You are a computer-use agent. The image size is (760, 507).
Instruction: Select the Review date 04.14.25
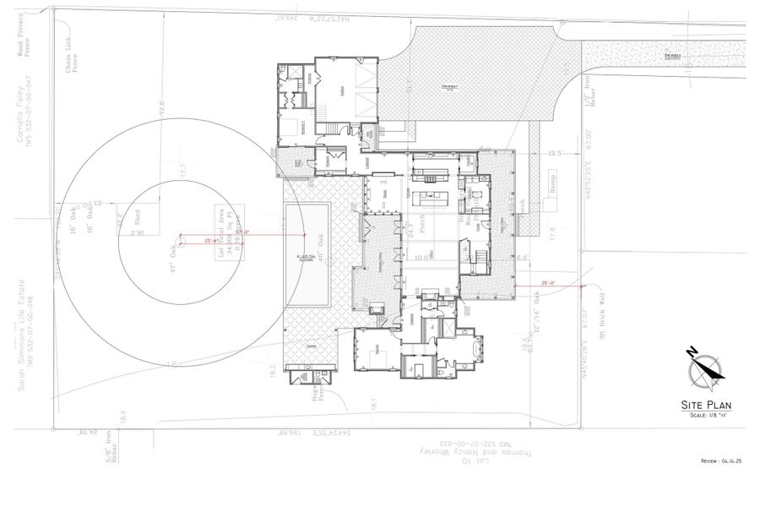click(x=720, y=461)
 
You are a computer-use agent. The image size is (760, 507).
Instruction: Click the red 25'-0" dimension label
click(x=550, y=284)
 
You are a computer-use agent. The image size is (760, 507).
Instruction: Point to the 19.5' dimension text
click(x=555, y=154)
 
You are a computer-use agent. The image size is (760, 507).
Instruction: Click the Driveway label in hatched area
click(x=448, y=87)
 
